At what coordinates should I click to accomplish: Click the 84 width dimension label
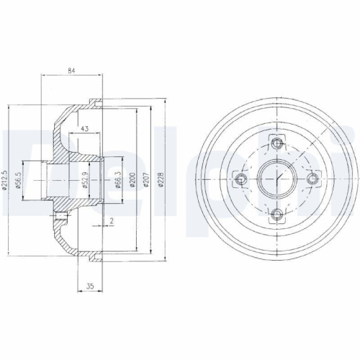(x=71, y=71)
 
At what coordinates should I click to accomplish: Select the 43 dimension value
(x=84, y=129)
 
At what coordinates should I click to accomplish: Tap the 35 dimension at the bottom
(x=90, y=286)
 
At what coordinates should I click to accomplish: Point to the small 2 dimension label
(x=112, y=221)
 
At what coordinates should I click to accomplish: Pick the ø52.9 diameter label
(x=85, y=181)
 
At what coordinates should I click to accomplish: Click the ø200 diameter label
(x=132, y=181)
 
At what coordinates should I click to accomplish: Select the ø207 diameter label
(x=146, y=181)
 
